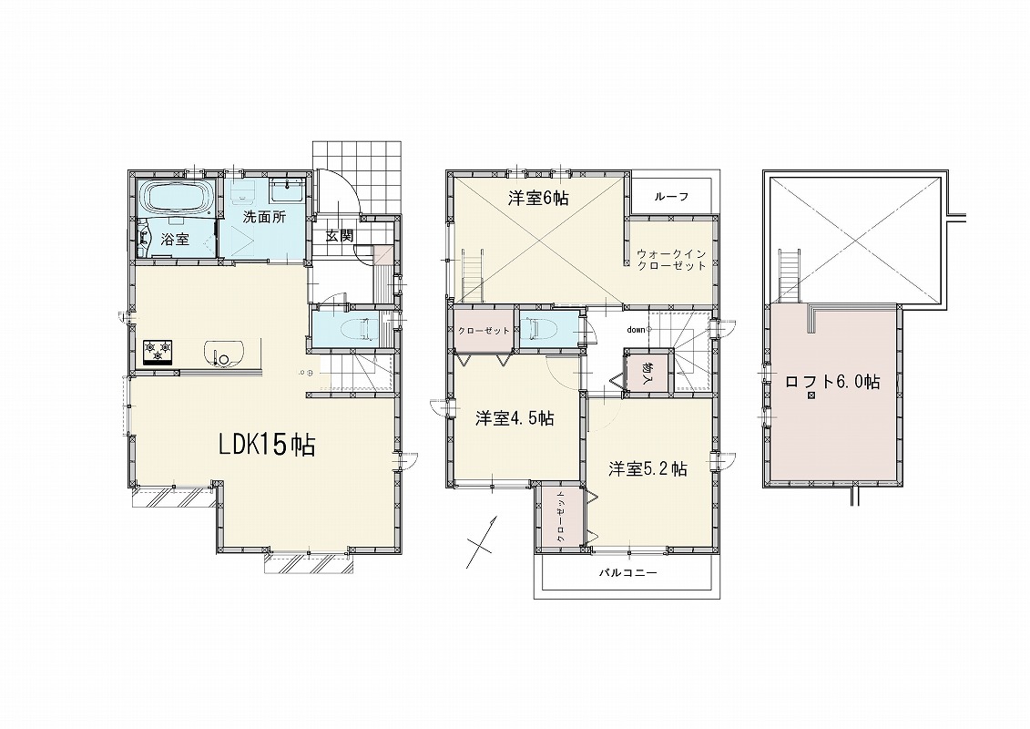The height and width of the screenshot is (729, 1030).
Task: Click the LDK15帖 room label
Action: coord(267,445)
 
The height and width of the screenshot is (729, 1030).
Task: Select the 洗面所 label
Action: coord(264,218)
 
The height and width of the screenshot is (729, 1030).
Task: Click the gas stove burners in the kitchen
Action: coord(158,351)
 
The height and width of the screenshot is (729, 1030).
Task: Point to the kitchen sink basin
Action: coord(223,353)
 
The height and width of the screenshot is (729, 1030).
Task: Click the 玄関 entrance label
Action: coord(341,235)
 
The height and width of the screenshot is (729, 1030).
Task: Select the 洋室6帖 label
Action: coord(538,198)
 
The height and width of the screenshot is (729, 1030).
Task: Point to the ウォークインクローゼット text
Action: coord(671,260)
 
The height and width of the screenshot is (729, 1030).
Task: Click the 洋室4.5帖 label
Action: coord(515,418)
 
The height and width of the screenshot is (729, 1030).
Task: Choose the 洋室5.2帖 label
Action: coord(648,468)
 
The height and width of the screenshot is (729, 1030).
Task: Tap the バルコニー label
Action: coord(627,572)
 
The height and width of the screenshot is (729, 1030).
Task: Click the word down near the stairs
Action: coord(635,330)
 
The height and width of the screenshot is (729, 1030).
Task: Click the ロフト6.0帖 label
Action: coord(833,381)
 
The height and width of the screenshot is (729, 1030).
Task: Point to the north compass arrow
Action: coord(482,541)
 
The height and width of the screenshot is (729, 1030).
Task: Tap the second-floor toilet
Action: coord(538,329)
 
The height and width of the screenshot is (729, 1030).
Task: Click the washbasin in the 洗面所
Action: coord(286,191)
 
